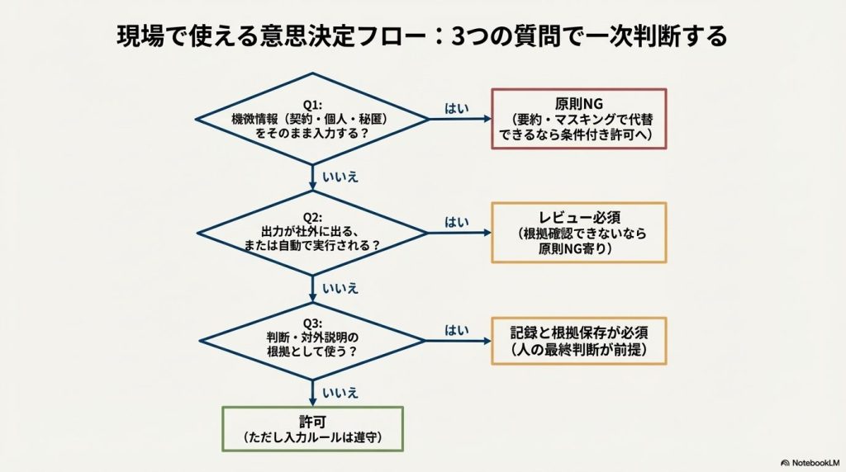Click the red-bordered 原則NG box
click(x=578, y=119)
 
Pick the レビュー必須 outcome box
click(x=578, y=233)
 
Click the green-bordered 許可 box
click(x=312, y=428)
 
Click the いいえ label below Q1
click(x=340, y=177)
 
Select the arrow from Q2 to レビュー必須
click(x=459, y=234)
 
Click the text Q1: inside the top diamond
click(x=312, y=106)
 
